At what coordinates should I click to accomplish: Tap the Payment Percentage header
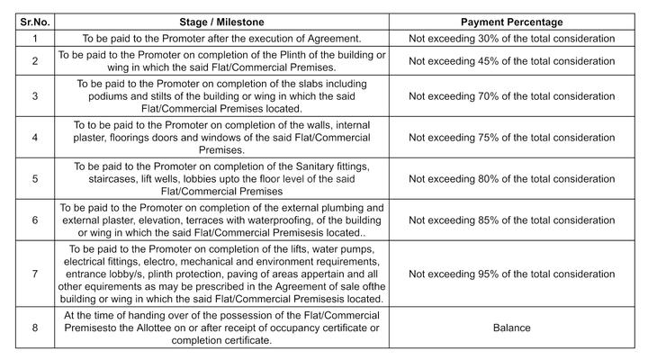511,22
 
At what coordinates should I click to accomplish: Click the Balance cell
511,328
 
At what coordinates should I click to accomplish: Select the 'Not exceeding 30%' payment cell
511,38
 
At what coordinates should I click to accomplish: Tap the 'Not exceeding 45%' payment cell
511,61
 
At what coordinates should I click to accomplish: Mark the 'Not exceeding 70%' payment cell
511,94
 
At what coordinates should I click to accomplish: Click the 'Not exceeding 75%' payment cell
511,138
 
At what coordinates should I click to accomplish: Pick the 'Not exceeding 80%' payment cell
511,179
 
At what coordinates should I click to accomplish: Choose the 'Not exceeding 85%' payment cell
511,220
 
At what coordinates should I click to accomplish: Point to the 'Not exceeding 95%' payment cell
511,274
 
